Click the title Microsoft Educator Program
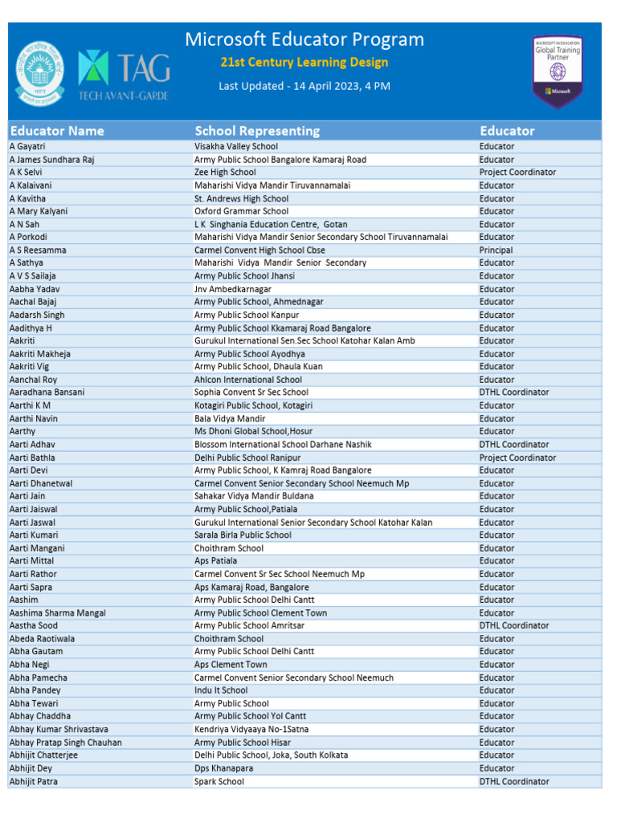pos(304,39)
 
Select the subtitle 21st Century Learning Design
pos(304,63)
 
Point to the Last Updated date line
pos(304,86)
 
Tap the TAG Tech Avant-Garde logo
pos(124,69)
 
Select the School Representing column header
pos(257,131)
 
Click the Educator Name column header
pos(57,131)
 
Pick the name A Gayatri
pos(27,147)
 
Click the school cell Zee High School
pos(225,173)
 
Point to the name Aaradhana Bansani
pos(47,393)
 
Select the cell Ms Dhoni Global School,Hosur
pos(253,431)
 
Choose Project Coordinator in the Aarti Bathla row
pos(517,458)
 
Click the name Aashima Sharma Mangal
pos(57,613)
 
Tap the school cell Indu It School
pos(221,690)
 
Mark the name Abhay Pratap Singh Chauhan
pos(65,743)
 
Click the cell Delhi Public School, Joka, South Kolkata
pos(271,755)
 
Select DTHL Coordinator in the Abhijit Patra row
pos(514,781)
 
